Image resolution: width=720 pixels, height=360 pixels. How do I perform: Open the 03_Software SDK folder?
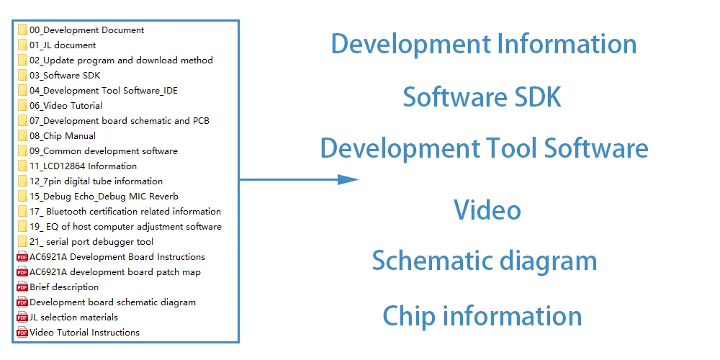tap(65, 76)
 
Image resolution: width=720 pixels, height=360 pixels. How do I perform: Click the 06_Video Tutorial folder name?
tap(66, 106)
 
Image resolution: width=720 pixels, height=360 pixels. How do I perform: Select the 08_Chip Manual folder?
tap(63, 136)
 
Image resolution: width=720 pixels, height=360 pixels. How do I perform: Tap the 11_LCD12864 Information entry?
tap(83, 166)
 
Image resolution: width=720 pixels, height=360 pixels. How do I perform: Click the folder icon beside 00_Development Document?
tap(22, 30)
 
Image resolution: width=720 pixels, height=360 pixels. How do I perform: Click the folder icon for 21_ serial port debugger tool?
tap(22, 242)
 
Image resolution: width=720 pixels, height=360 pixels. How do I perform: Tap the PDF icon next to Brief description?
tap(22, 287)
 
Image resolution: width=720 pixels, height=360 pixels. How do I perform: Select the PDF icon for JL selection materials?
tap(22, 318)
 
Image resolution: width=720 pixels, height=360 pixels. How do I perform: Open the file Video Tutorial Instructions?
tap(84, 333)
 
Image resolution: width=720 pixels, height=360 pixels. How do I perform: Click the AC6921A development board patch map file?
tap(115, 272)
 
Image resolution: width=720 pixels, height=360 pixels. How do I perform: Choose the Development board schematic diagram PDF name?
tap(112, 302)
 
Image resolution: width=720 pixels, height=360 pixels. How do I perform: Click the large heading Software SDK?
tap(482, 96)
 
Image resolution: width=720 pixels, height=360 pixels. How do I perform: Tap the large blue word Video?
tap(487, 210)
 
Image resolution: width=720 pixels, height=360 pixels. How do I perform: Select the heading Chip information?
tap(482, 316)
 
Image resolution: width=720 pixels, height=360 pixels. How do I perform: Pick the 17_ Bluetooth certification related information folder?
tap(125, 212)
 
